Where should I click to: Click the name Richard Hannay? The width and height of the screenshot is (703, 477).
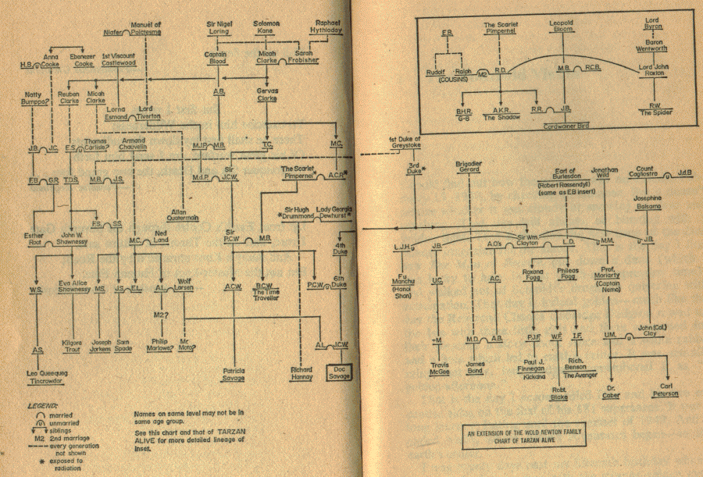click(x=300, y=373)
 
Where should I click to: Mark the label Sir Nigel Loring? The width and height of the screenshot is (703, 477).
click(x=218, y=27)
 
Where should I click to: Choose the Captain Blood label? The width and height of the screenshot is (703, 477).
click(x=216, y=59)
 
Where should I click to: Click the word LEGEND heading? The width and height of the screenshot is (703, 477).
click(x=41, y=407)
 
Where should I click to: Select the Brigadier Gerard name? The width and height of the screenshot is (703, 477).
click(x=469, y=167)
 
